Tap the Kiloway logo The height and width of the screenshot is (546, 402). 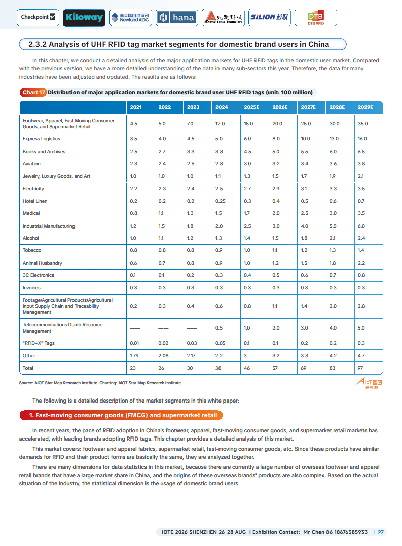click(84, 17)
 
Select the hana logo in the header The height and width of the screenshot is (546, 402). click(176, 17)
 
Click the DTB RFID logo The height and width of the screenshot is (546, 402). click(315, 18)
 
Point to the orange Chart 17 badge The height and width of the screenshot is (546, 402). click(33, 92)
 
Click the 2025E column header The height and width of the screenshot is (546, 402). click(251, 107)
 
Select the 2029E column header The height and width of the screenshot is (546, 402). click(365, 107)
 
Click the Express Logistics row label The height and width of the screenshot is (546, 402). click(42, 139)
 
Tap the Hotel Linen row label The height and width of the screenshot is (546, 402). click(35, 201)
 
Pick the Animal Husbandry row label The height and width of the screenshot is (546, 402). click(43, 263)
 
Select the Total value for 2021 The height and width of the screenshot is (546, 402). click(133, 368)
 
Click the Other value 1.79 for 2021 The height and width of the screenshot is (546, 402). click(134, 356)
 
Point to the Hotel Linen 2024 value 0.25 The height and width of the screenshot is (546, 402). click(221, 201)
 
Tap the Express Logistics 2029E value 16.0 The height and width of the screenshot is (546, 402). click(362, 139)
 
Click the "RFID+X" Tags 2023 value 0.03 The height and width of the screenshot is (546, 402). click(193, 343)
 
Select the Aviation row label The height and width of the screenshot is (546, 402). click(31, 164)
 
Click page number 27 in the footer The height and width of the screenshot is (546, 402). click(381, 532)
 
